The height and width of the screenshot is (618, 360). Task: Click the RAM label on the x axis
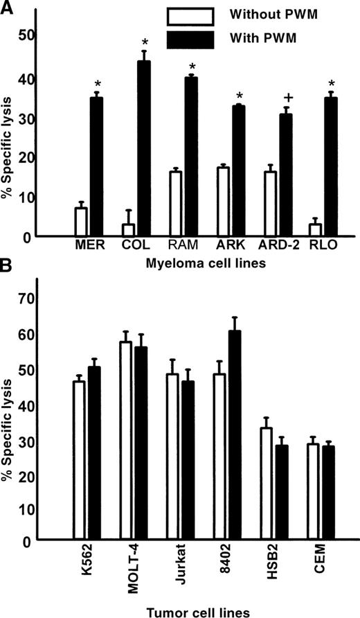tap(182, 245)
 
